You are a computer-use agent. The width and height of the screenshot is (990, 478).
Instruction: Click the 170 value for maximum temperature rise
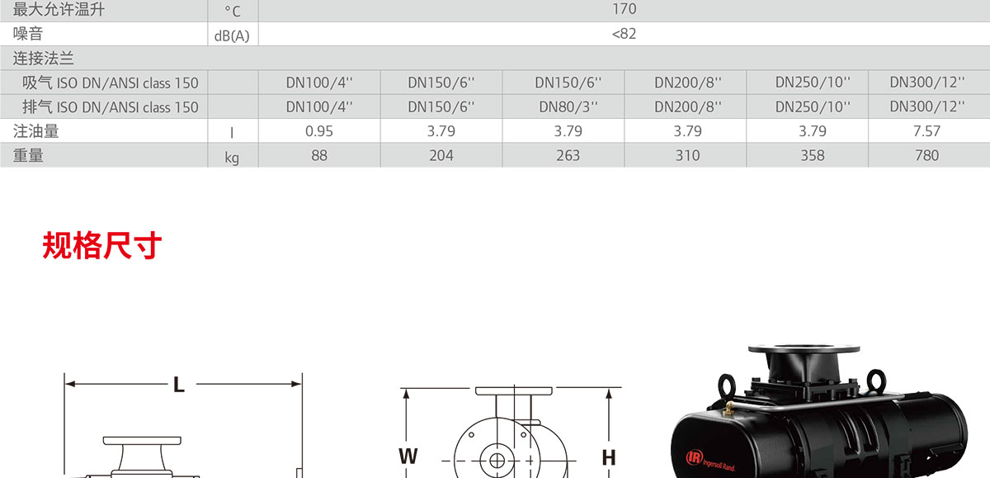pos(624,9)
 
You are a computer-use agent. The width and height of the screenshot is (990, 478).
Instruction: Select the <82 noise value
pos(624,34)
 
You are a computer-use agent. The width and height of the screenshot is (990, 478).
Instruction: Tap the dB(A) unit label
pos(232,35)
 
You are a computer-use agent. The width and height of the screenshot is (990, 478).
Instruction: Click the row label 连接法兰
pos(43,59)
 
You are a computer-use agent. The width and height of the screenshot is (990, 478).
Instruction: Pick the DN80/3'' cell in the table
pos(568,106)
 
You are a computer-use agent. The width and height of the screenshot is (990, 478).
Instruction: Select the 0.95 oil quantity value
pos(319,131)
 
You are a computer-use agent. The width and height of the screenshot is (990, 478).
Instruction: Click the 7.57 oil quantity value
pos(926,131)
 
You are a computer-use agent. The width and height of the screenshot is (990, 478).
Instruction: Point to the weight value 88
pos(319,156)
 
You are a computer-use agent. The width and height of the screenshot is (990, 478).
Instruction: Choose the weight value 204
pos(441,156)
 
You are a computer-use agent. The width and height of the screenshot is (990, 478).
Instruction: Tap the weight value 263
pos(568,156)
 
